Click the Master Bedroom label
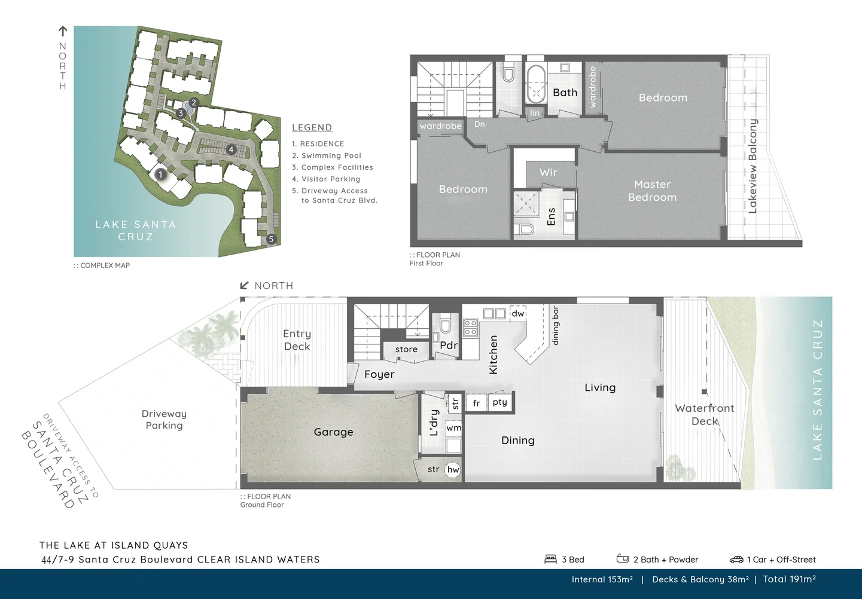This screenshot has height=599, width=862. coord(652,191)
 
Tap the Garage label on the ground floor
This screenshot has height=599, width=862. coord(333,432)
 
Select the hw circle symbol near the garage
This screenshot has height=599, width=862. coord(453,470)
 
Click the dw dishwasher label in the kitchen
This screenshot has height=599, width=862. coord(517,313)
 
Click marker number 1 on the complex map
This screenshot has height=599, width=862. coord(160,175)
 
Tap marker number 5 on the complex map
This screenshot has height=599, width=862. coord(271,239)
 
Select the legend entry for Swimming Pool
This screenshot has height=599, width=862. coord(327,155)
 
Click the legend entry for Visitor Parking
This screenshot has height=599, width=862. coord(326,179)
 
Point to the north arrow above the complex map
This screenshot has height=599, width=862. coord(62,32)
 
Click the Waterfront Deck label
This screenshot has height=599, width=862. coord(704,414)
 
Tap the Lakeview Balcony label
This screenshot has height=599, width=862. coord(753,166)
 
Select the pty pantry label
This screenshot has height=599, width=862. coord(499,402)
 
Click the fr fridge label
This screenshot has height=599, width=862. coord(476,403)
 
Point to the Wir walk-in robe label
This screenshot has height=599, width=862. coord(548,172)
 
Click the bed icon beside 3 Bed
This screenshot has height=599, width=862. coord(550,559)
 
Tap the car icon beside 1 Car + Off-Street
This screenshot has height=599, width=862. coord(736,560)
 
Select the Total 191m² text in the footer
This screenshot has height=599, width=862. coord(789,579)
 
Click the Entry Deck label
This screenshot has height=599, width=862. coord(297,340)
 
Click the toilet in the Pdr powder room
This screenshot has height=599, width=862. coord(445,325)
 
